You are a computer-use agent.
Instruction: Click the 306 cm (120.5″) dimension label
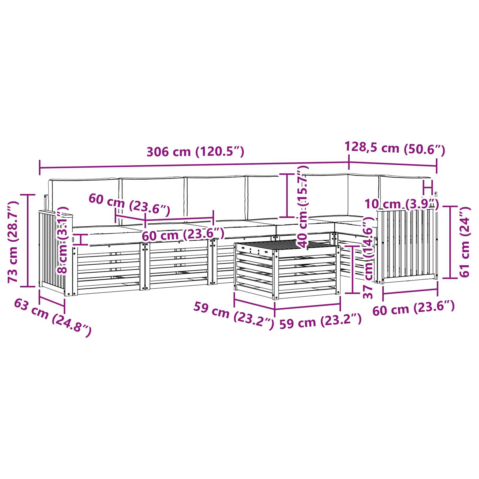click(x=195, y=152)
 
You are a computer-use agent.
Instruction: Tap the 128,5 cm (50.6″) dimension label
click(x=395, y=148)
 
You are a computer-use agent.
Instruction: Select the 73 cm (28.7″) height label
click(x=13, y=242)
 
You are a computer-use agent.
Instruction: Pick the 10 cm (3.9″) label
click(x=401, y=204)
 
